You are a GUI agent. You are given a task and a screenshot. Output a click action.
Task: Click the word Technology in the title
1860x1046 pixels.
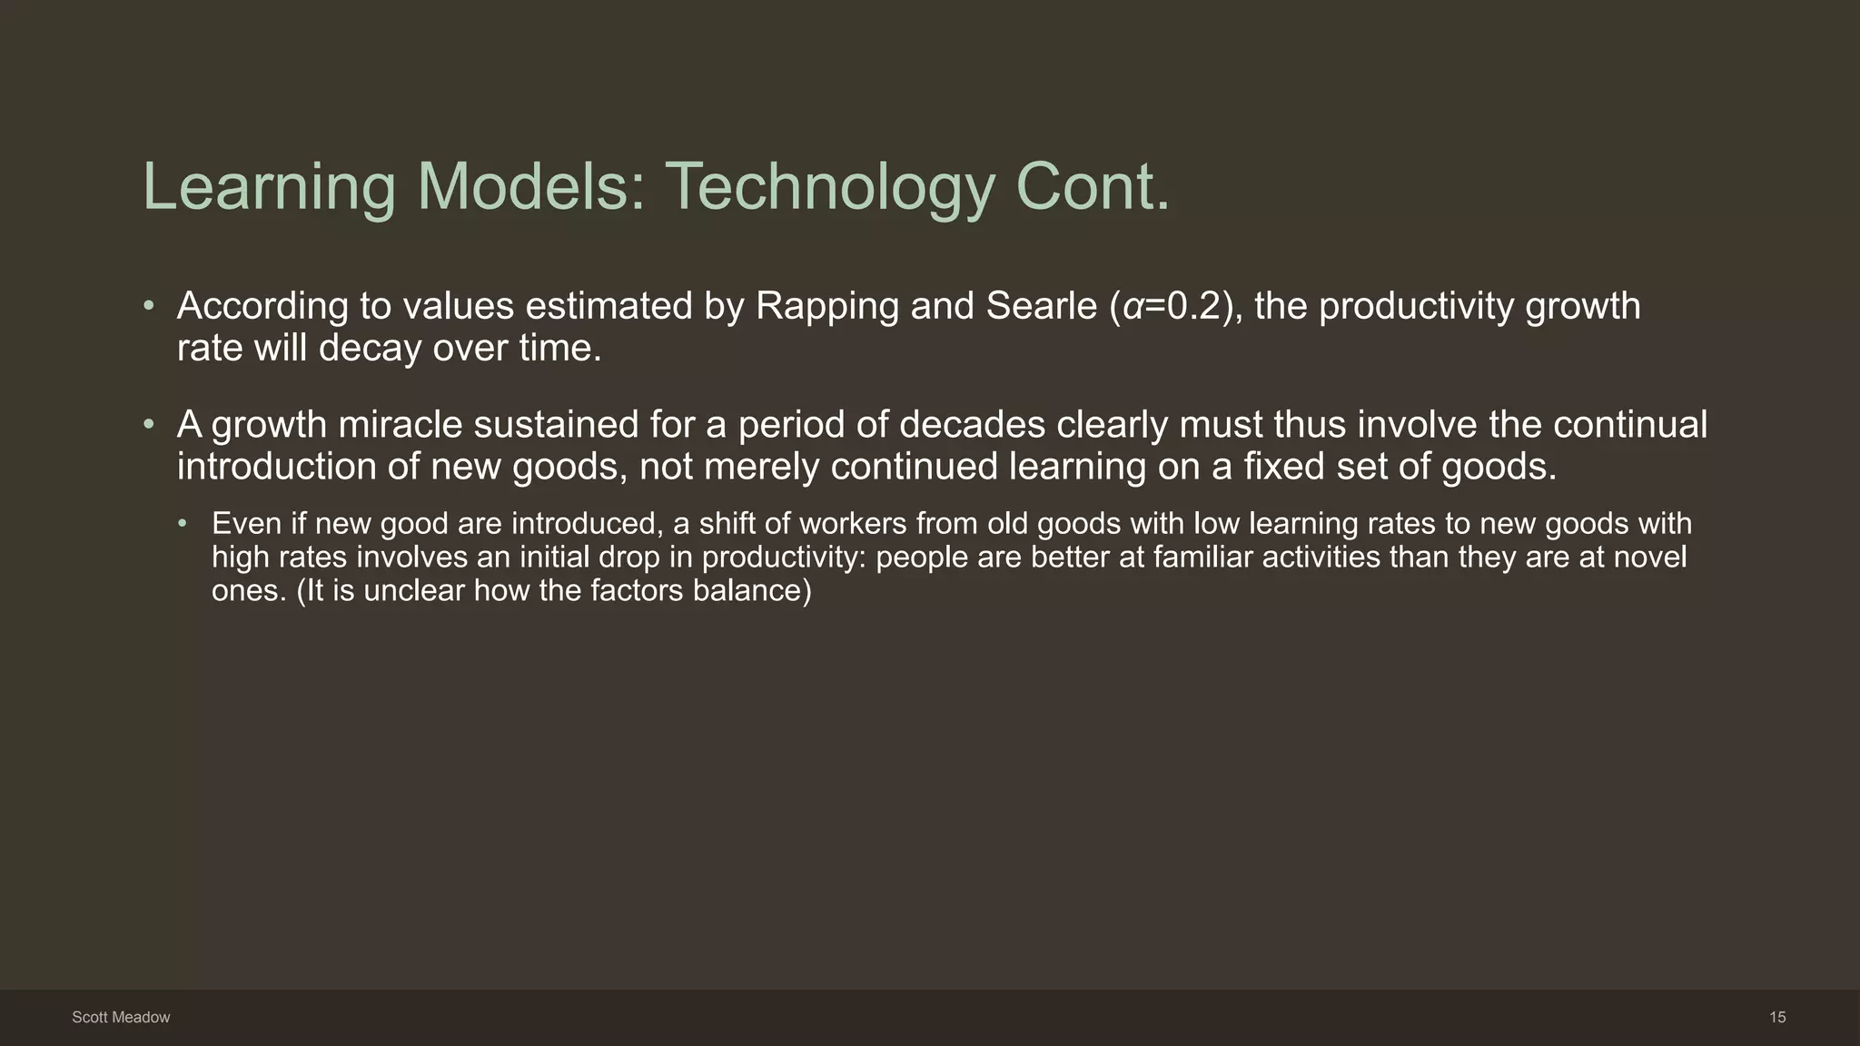830,187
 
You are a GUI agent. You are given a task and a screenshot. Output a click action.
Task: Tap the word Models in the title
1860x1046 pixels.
531,187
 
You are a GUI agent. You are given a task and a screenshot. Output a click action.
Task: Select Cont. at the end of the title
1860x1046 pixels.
1093,187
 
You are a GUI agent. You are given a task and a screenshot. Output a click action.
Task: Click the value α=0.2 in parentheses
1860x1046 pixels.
1172,307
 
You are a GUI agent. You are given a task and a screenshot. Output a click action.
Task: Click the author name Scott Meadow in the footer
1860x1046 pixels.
121,1018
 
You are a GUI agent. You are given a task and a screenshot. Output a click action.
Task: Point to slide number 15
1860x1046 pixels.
1777,1018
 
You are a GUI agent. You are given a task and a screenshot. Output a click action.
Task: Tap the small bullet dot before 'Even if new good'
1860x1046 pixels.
183,524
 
